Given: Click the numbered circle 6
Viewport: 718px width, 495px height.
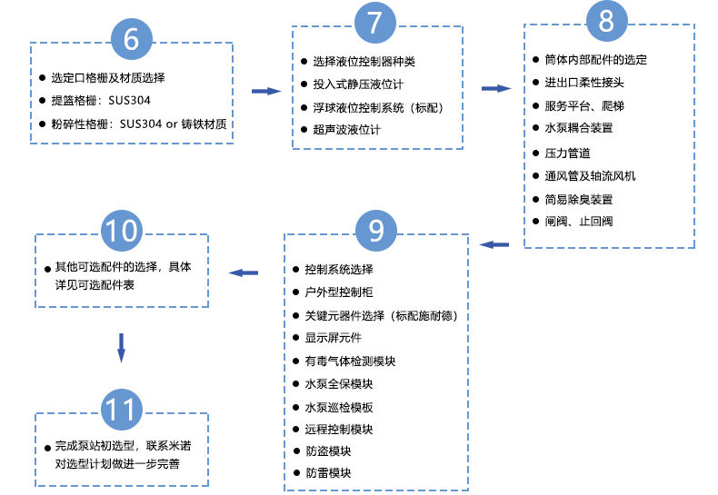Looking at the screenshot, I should point(131,40).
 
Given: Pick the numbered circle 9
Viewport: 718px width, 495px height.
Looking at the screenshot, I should point(375,233).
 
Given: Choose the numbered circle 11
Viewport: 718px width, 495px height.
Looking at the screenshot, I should point(121,410).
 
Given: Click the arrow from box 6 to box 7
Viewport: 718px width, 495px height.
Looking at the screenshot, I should point(264,91).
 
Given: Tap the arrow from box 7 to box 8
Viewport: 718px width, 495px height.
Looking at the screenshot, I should point(495,88).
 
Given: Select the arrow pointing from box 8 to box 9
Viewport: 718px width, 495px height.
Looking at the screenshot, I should point(494,243).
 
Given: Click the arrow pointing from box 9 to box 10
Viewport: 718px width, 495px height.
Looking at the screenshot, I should point(243,272).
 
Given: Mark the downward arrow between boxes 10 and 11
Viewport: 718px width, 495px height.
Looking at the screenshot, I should point(121,346).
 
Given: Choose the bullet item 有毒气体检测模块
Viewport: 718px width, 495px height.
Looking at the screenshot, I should point(350,361).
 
